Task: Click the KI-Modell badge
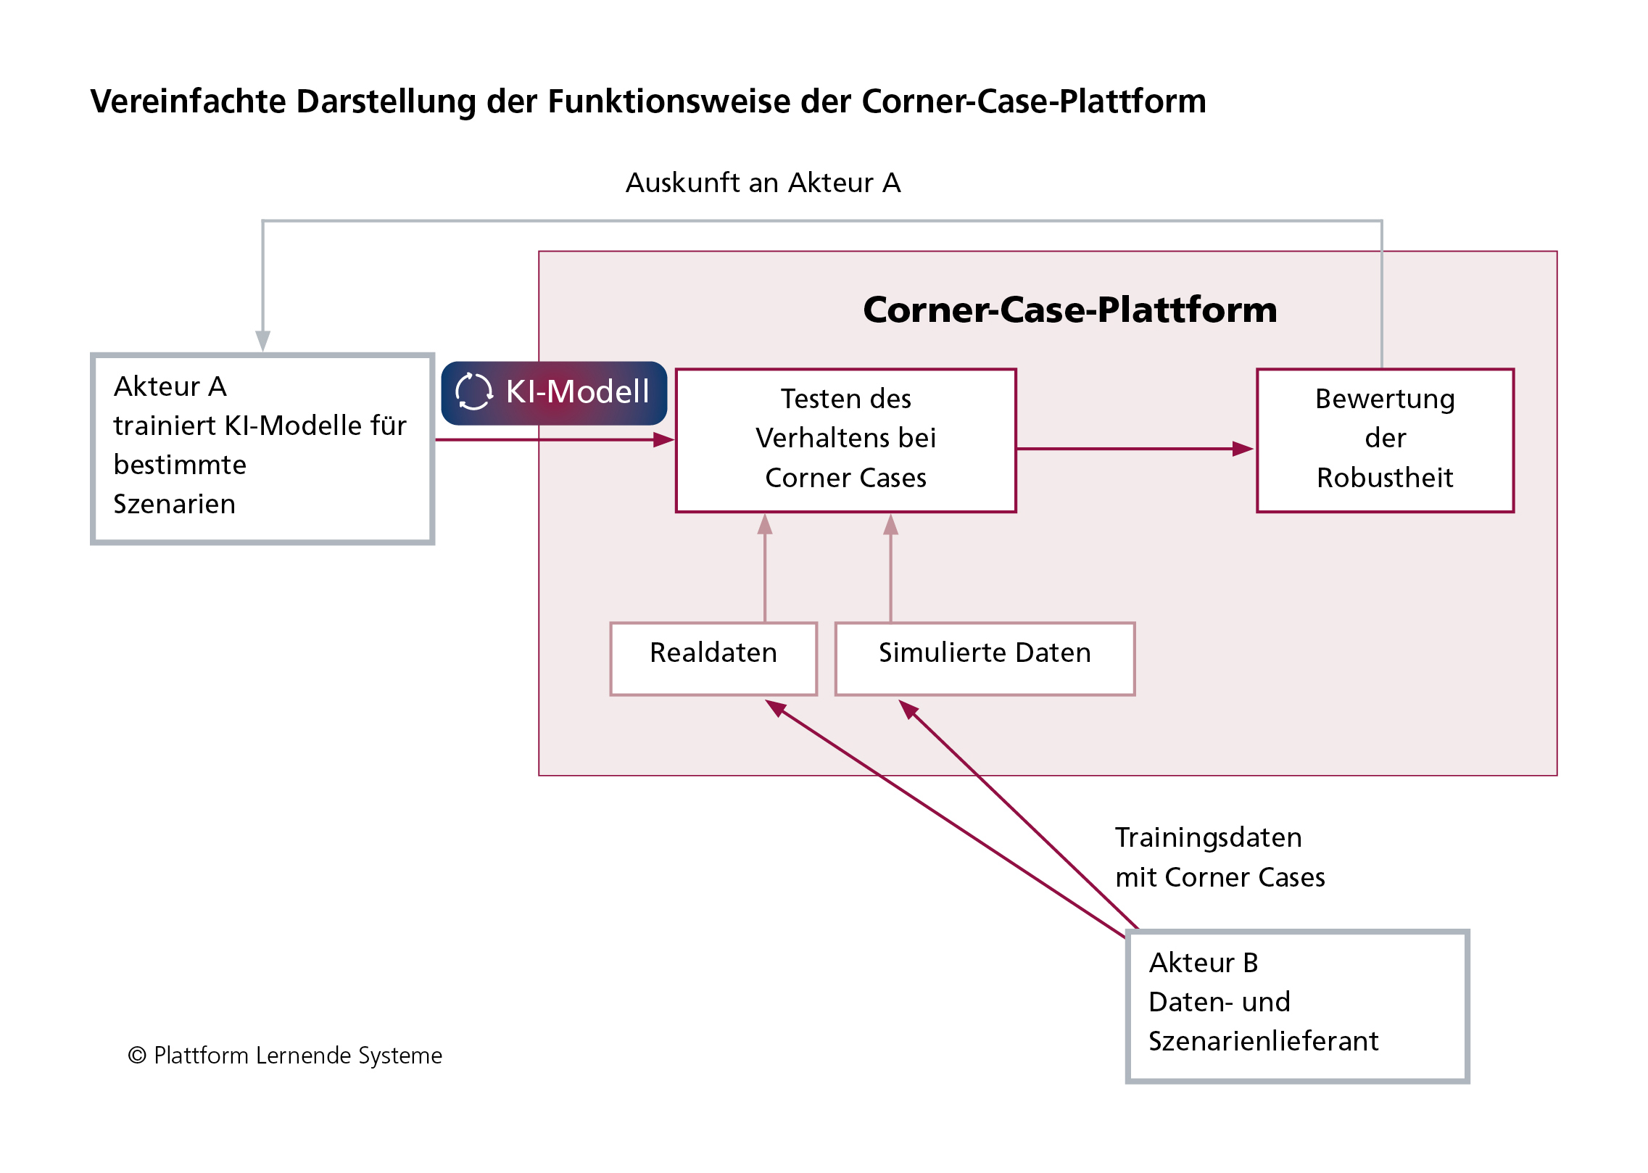point(554,392)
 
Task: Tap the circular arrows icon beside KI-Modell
point(473,391)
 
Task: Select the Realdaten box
point(713,658)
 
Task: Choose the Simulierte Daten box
point(985,658)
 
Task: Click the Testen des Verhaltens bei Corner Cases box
point(845,440)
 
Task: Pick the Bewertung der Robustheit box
point(1385,440)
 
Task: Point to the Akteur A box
point(262,448)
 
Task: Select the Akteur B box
point(1297,1006)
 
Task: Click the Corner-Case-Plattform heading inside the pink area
point(1069,310)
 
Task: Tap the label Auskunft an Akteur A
point(763,183)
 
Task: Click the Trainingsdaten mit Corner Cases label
point(1220,857)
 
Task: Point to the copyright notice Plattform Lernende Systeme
point(285,1056)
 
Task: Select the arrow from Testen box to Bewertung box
point(1135,449)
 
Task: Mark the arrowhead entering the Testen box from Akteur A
point(663,439)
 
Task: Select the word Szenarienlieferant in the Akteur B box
point(1263,1041)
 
